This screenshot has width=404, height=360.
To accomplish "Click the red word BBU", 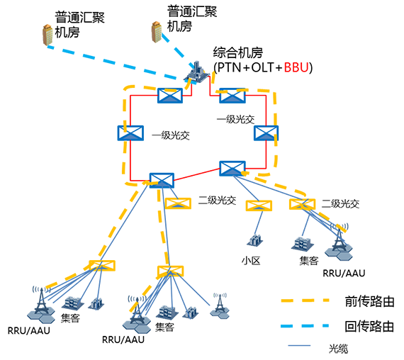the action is [296, 67].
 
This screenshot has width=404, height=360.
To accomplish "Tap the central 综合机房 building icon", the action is [197, 72].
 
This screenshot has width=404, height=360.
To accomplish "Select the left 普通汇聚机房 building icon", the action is [47, 35].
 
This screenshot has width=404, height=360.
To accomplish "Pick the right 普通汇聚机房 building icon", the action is [157, 32].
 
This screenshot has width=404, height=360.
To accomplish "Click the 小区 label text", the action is [251, 261].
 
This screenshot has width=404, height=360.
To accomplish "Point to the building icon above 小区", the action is [255, 240].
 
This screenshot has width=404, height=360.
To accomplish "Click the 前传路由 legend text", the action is [369, 301].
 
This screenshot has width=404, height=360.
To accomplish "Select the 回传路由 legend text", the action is [369, 326].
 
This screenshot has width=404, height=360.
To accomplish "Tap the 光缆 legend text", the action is [338, 349].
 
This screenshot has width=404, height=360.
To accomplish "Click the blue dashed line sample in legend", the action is [305, 326].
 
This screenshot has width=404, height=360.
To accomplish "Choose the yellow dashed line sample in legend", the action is [305, 300].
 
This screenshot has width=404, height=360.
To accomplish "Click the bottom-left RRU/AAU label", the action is [29, 331].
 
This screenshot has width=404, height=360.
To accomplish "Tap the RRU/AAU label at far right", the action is [344, 273].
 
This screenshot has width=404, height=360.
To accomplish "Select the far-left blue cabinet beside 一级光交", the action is [130, 133].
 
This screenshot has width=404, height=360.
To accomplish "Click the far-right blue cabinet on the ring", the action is [266, 133].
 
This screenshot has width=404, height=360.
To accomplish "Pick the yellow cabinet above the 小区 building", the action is [259, 206].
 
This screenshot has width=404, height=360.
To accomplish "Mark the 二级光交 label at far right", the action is [340, 204].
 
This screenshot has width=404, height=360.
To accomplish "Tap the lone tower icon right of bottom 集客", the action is [220, 306].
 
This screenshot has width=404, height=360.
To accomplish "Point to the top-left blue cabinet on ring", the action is [170, 96].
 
